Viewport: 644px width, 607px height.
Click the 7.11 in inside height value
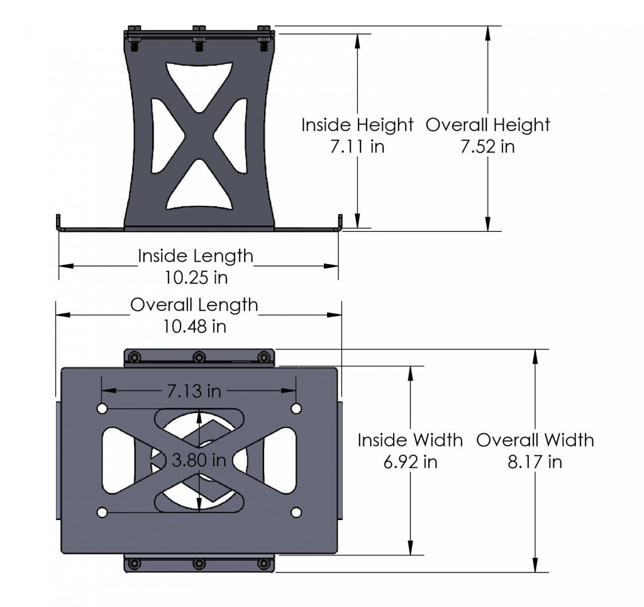tap(357, 147)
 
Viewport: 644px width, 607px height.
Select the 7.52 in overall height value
tap(487, 147)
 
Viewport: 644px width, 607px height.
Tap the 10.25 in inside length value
tap(196, 277)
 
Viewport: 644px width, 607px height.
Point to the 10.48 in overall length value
tap(195, 326)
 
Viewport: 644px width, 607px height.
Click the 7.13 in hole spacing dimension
tap(194, 391)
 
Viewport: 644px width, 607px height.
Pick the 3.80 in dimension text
tap(199, 460)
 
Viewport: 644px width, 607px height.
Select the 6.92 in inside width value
tap(410, 462)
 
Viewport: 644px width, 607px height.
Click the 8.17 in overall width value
tap(535, 462)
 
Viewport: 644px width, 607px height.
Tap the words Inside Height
tap(357, 125)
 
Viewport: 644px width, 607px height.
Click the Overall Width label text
tap(535, 440)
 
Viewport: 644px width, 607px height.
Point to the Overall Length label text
tap(194, 305)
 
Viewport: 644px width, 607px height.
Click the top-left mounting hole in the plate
tap(102, 409)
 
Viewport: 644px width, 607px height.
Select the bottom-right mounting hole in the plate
tap(296, 513)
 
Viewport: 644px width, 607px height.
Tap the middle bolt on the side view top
tap(199, 38)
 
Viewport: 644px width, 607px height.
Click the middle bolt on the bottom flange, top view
tap(199, 564)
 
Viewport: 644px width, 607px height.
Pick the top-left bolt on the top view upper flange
tap(134, 358)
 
